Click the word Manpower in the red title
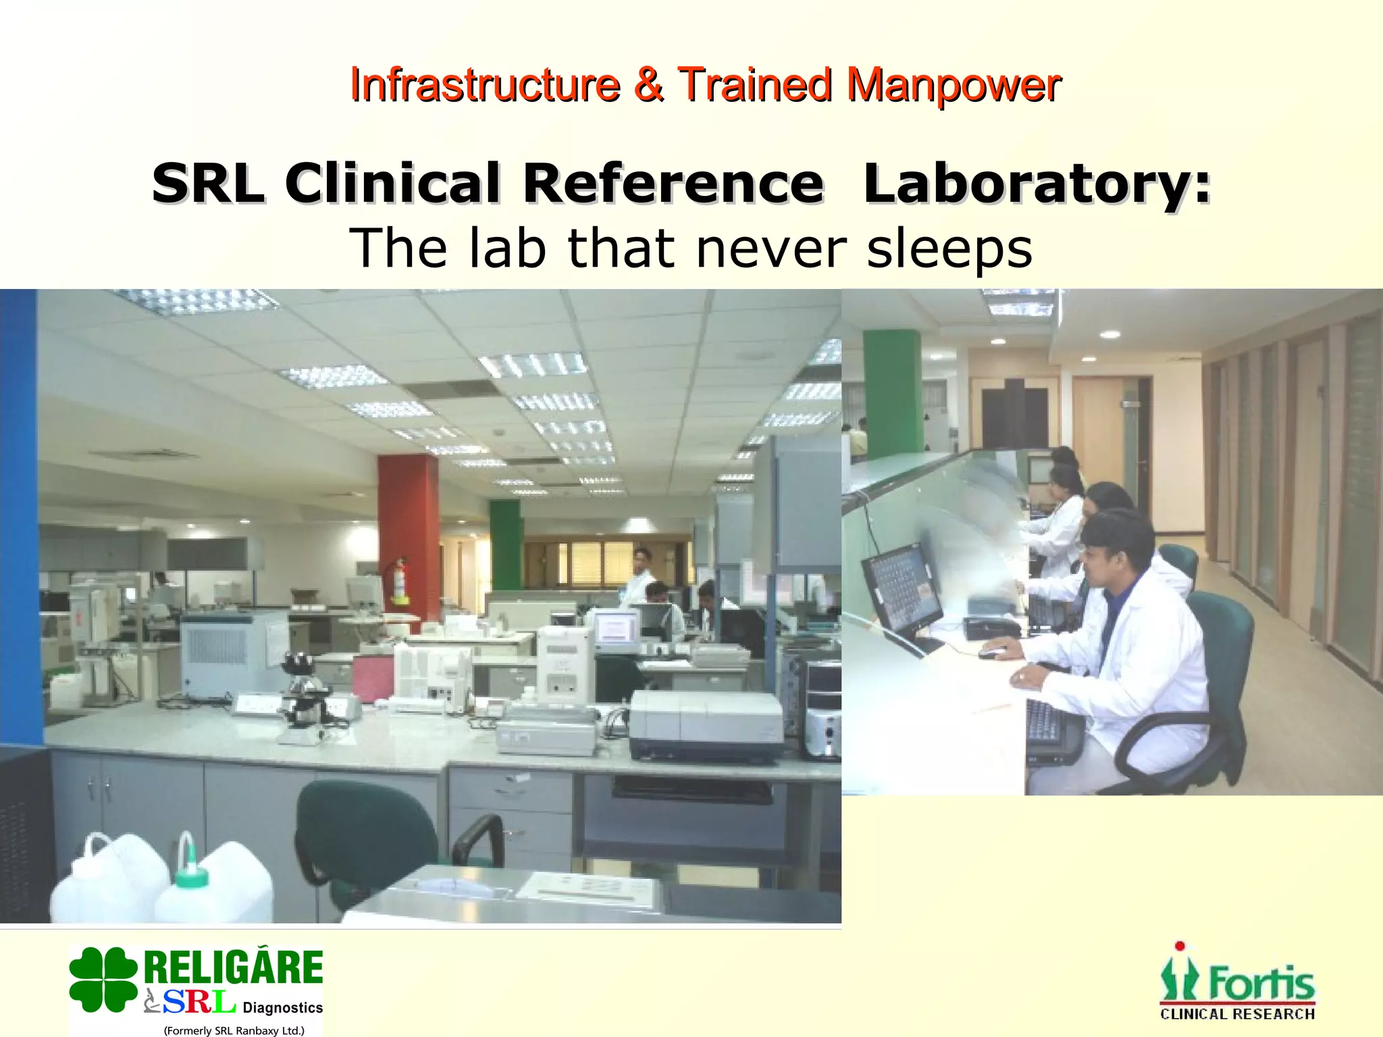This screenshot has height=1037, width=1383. tap(954, 86)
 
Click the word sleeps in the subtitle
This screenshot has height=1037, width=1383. tap(949, 248)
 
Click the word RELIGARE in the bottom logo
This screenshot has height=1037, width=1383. tap(234, 967)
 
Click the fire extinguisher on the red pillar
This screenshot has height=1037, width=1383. tap(400, 581)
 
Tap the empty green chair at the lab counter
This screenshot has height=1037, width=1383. tap(378, 837)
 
